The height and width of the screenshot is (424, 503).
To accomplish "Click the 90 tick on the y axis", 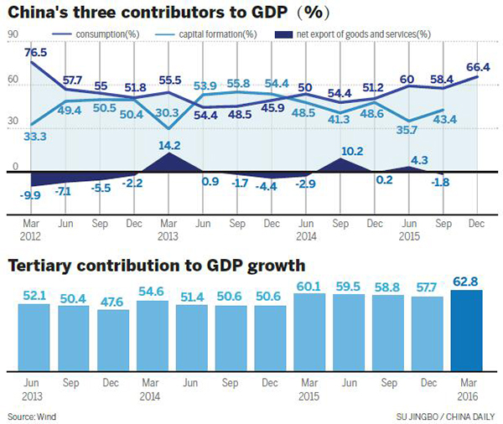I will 13,34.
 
